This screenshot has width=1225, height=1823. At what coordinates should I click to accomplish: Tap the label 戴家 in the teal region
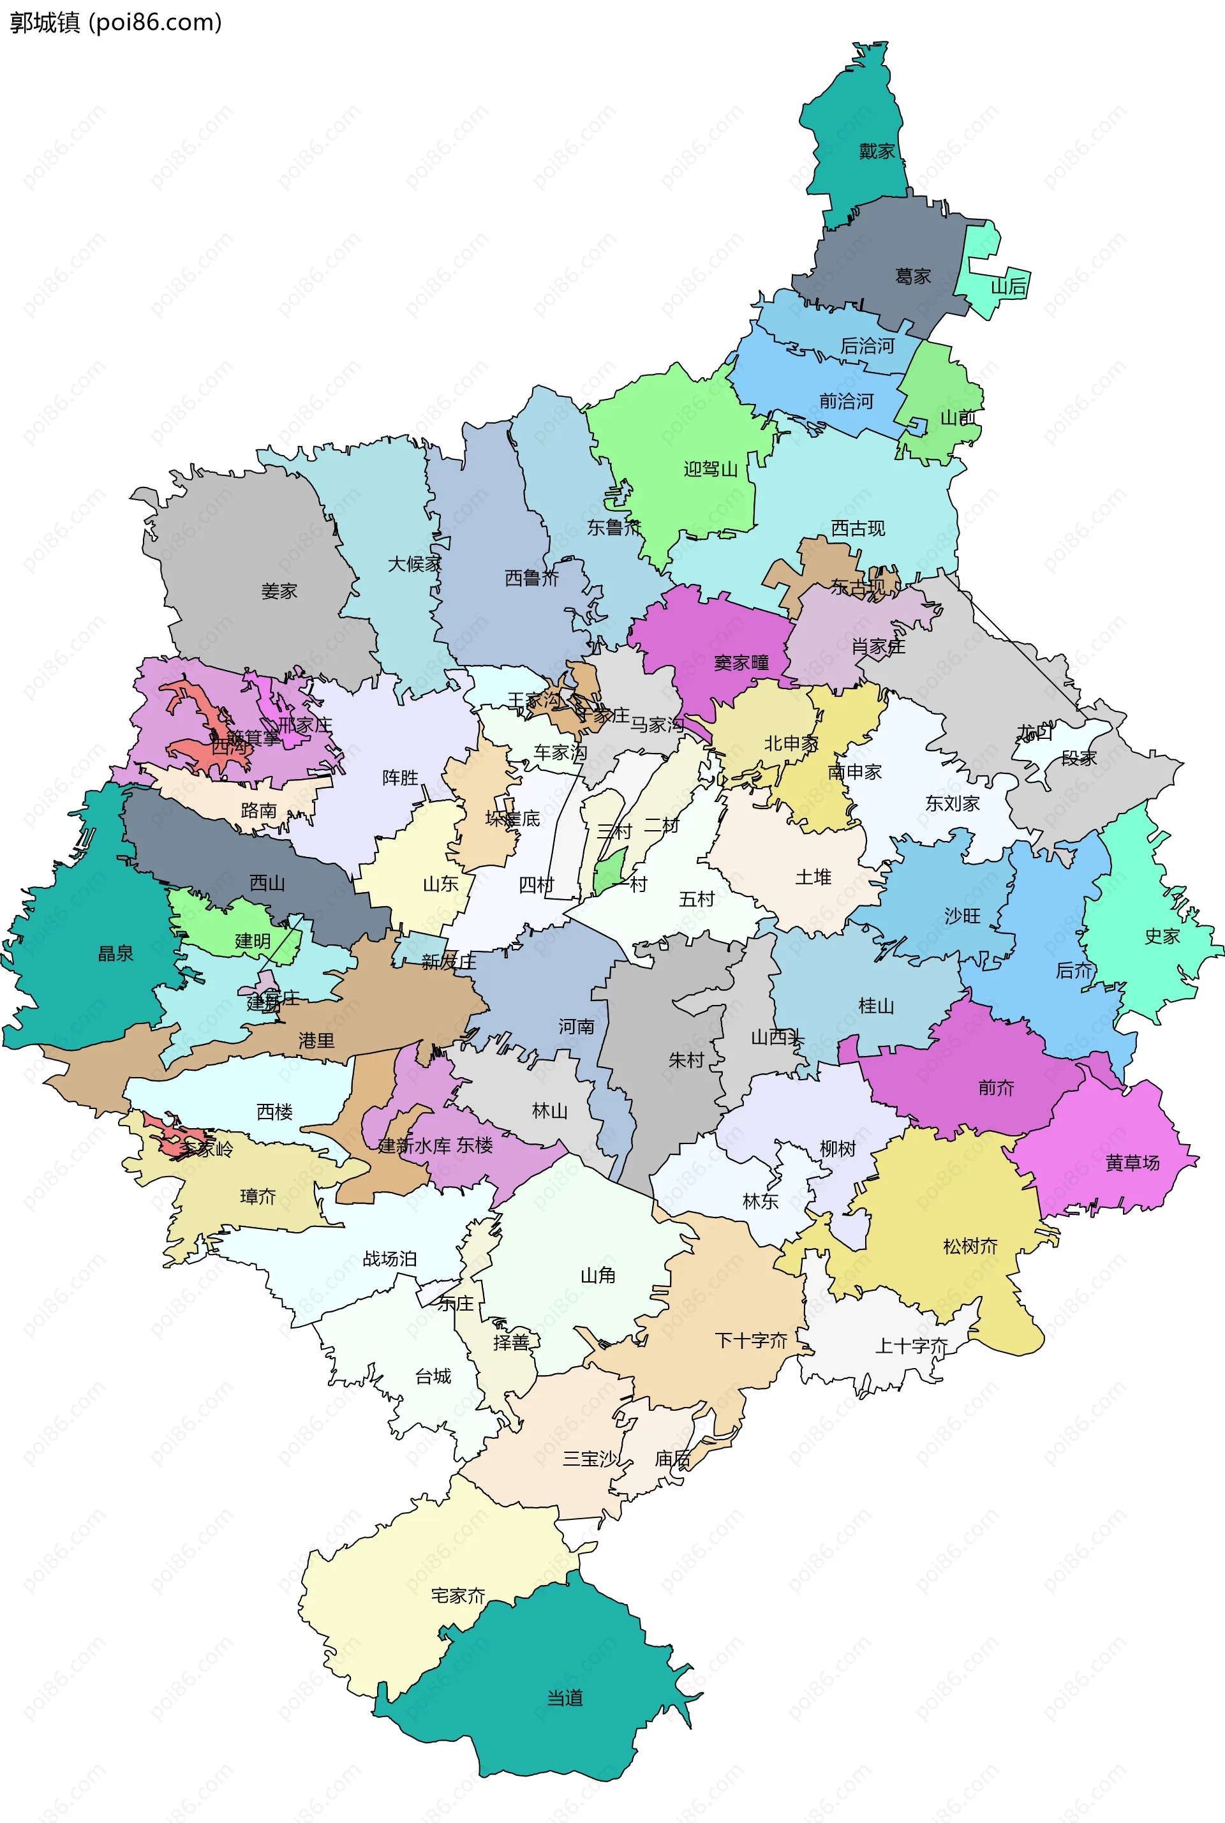click(x=877, y=151)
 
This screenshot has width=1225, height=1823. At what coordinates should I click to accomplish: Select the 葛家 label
click(x=912, y=276)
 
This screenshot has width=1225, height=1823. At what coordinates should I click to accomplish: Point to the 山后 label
click(x=1008, y=286)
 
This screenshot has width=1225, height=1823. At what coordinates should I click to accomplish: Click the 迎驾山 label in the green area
click(x=710, y=469)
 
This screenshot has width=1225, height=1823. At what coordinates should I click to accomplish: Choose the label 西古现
click(x=857, y=528)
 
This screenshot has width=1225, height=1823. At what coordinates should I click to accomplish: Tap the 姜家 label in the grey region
click(x=279, y=591)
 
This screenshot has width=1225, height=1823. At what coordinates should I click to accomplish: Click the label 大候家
click(x=415, y=563)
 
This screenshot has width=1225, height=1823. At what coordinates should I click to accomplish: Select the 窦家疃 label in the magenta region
click(x=741, y=662)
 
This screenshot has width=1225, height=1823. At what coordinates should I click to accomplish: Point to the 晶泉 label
click(x=115, y=953)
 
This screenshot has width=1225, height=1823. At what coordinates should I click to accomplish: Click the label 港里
click(x=316, y=1040)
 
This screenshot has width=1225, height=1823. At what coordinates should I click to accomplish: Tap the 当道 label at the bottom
click(x=565, y=1697)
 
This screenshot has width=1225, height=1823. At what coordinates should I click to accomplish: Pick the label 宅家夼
click(x=459, y=1595)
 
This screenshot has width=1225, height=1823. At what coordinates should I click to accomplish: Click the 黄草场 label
click(x=1132, y=1163)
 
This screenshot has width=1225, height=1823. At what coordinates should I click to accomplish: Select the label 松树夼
click(x=970, y=1246)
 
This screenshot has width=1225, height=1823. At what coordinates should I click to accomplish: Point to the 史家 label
click(x=1162, y=936)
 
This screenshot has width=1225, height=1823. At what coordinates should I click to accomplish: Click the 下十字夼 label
click(x=751, y=1341)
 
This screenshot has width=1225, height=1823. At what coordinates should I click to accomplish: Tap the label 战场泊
click(x=390, y=1259)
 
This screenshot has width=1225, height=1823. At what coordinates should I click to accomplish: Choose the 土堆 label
click(x=813, y=877)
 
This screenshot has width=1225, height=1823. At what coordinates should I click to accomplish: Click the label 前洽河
click(x=846, y=401)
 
